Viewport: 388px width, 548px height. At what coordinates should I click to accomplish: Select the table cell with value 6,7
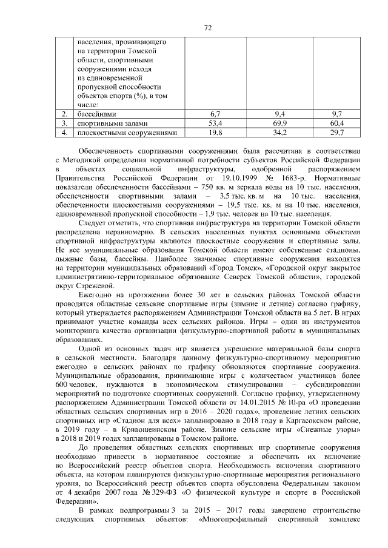pyautogui.click(x=215, y=114)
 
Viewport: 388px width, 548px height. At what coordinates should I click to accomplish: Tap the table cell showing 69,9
pyautogui.click(x=279, y=123)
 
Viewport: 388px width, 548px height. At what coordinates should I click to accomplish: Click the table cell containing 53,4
pyautogui.click(x=215, y=123)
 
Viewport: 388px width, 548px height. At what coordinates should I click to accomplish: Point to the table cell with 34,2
pyautogui.click(x=279, y=132)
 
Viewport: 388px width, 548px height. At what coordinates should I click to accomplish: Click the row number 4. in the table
pyautogui.click(x=63, y=132)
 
